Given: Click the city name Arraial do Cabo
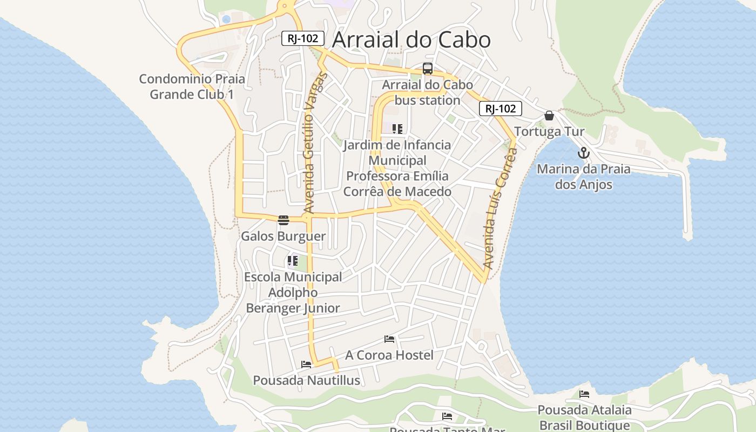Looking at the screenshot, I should click(411, 40).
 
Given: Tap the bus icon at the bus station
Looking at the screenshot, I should click(427, 69).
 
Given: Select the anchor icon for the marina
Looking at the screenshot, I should click(583, 153).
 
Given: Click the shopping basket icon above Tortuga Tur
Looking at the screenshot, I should click(549, 116).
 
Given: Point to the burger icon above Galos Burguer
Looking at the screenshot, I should click(283, 220).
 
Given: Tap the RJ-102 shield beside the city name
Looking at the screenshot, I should click(303, 38).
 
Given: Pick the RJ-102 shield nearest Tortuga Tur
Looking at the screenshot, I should click(501, 109).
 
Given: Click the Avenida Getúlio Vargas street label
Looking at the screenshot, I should click(309, 142).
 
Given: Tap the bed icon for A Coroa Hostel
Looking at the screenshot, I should click(389, 339).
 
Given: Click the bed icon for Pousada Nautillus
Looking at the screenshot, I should click(306, 364).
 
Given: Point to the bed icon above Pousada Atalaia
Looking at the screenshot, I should click(584, 394).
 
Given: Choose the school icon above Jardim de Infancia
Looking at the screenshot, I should click(397, 129).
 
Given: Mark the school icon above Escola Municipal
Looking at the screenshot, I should click(293, 261).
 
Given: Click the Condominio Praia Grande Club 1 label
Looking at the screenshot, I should click(192, 86).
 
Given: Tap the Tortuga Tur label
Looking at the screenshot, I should click(549, 132).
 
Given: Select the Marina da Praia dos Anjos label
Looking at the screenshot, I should click(584, 177).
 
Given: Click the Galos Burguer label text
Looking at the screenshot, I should click(283, 237).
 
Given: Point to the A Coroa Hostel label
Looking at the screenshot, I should click(389, 355).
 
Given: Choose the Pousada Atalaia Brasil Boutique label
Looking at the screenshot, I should click(584, 417).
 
